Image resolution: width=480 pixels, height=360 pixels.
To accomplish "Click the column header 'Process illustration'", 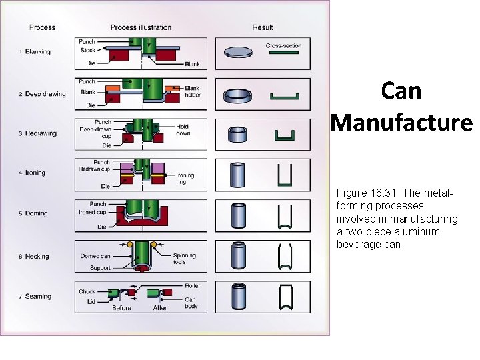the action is (141, 27).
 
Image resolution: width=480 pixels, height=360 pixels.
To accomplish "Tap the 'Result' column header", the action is (263, 27).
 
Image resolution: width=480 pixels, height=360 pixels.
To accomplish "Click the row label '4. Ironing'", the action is (33, 173).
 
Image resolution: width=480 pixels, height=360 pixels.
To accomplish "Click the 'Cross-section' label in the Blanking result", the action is (283, 46).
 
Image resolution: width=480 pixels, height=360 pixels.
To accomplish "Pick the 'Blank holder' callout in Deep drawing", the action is (192, 91).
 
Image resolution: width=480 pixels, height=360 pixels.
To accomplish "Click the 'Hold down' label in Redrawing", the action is (183, 129).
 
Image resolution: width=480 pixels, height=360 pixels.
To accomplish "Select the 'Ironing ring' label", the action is (185, 178).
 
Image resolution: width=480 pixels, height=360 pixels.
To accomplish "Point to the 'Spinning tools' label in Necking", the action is (184, 259).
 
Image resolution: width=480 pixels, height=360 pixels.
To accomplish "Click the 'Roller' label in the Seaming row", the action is (192, 285).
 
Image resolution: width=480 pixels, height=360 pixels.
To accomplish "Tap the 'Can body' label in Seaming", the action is (191, 303).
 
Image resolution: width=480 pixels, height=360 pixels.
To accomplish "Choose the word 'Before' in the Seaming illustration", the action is (122, 308).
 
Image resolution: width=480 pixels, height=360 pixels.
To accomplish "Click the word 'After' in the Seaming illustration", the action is (160, 308).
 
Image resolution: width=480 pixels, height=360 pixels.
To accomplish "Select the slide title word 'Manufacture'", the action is (401, 123).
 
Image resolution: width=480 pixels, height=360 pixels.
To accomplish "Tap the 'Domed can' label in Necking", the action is (96, 256).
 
